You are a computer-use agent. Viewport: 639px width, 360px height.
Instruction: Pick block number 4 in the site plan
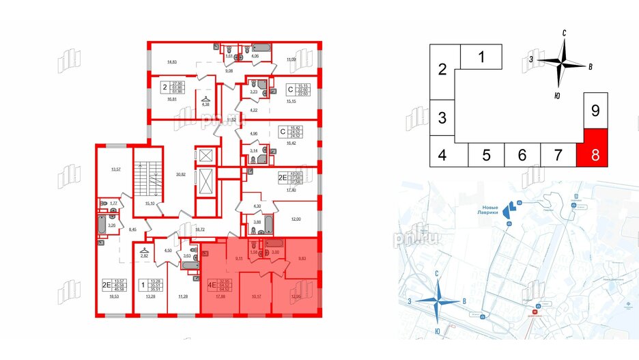pos(442,155)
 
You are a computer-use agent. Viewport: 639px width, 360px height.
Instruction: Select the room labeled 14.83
pos(175,63)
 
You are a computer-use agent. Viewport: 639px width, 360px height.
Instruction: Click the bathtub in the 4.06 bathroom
pos(261,47)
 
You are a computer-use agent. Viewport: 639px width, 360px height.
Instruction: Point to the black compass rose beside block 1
pos(562,63)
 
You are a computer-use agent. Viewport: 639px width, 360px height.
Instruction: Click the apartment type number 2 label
pos(165,87)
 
